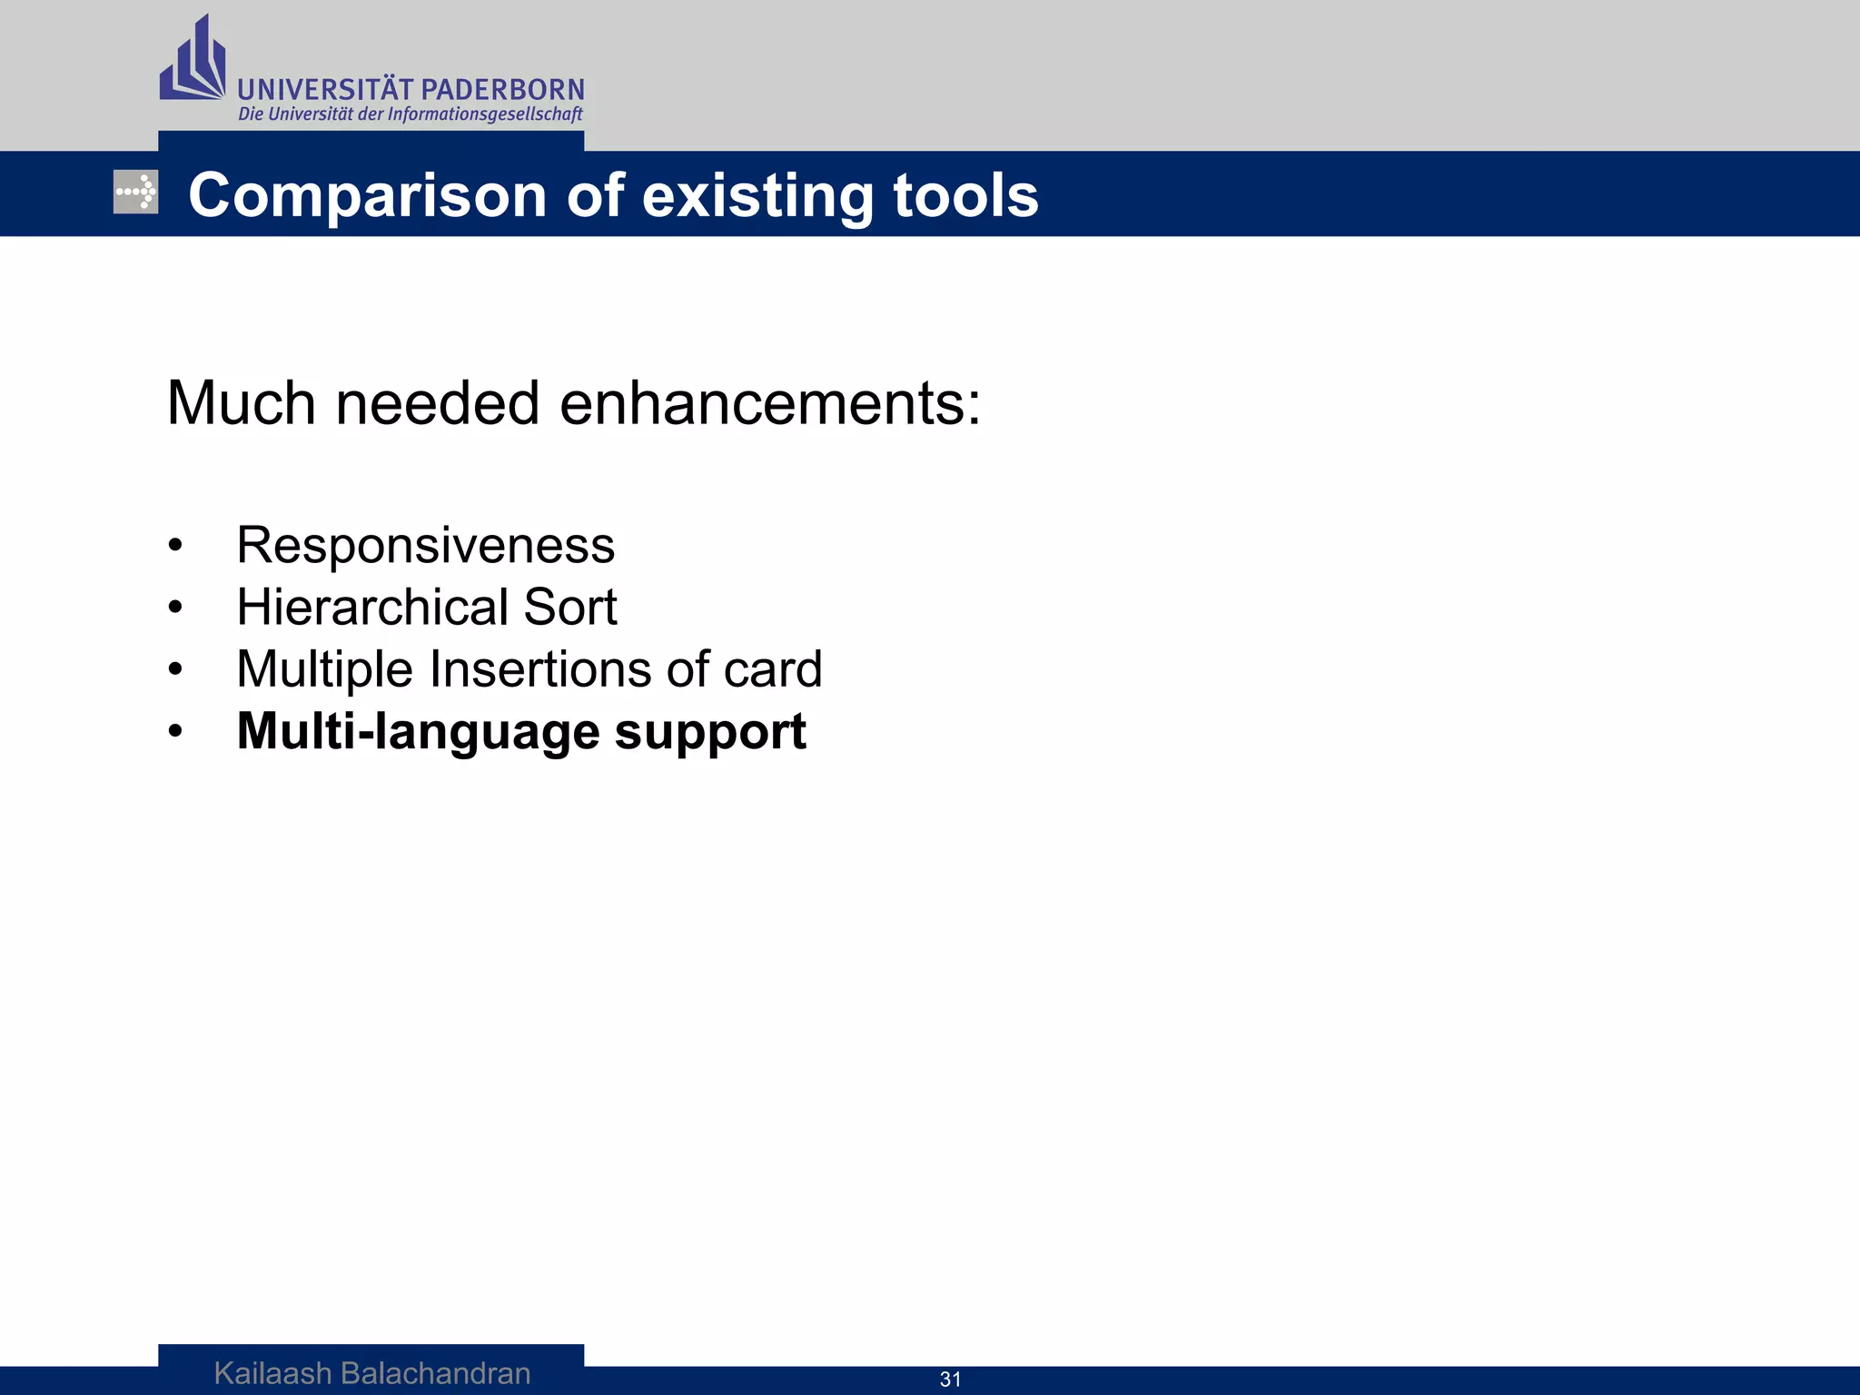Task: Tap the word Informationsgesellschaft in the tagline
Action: click(x=485, y=114)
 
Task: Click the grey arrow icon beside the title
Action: click(x=136, y=192)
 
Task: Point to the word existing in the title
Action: click(x=757, y=196)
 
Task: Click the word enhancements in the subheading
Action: click(x=769, y=403)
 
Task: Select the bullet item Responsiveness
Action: click(x=425, y=546)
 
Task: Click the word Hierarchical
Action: click(x=371, y=607)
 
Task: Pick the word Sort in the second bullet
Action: click(x=570, y=607)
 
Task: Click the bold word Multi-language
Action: click(x=417, y=732)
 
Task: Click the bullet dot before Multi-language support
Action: click(x=175, y=732)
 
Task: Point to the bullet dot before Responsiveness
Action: click(x=175, y=547)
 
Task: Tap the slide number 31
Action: click(x=950, y=1380)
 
